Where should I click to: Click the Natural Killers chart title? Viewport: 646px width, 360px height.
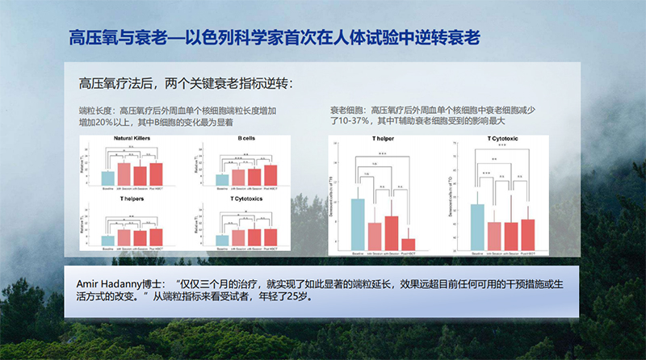tap(134, 138)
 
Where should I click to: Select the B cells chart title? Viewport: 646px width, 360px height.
tap(246, 138)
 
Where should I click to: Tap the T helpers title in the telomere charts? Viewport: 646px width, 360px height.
tap(134, 198)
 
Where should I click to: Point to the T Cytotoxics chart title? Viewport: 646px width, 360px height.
tap(247, 198)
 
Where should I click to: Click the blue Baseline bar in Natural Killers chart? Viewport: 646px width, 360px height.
tap(107, 178)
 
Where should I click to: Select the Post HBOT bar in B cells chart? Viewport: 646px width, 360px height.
tap(271, 175)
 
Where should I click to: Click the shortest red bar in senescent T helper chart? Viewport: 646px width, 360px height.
tap(409, 244)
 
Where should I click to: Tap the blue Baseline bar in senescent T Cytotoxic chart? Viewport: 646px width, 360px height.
tap(477, 226)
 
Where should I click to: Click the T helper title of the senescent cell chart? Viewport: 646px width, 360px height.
tap(384, 139)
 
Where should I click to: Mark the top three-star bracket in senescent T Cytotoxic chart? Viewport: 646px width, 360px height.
tap(502, 148)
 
